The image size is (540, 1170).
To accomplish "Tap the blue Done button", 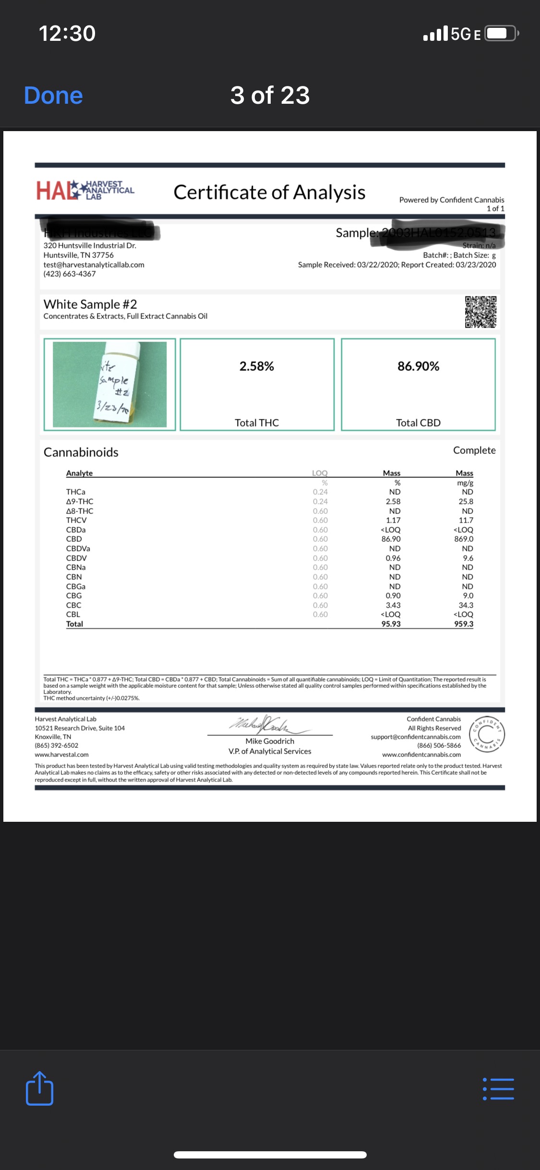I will click(x=53, y=95).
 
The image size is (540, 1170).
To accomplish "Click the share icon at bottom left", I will click(x=39, y=1088).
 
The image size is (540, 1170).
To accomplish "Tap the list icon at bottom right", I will click(x=498, y=1089).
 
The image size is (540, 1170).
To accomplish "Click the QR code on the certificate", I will click(x=480, y=312).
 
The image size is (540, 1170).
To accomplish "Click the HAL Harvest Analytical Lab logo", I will click(x=85, y=190).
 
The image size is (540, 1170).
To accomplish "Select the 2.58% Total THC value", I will click(x=257, y=366).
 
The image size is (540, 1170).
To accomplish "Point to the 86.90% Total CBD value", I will click(x=418, y=366).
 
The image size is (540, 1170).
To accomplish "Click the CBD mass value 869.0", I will click(x=464, y=539).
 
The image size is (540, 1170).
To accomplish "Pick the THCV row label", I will click(x=76, y=520).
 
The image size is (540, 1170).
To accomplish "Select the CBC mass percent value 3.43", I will click(x=393, y=605).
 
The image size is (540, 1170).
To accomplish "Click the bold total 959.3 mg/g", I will click(x=464, y=624).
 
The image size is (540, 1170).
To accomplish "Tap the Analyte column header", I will click(x=79, y=473).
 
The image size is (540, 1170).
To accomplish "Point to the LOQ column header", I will click(x=320, y=473).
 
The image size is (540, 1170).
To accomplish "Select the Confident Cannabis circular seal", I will click(x=487, y=734).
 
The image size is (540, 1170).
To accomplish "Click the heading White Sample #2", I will click(x=90, y=305).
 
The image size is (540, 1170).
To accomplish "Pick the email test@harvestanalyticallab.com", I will click(x=94, y=265).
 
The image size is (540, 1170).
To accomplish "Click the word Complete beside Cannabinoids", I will click(x=474, y=451).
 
